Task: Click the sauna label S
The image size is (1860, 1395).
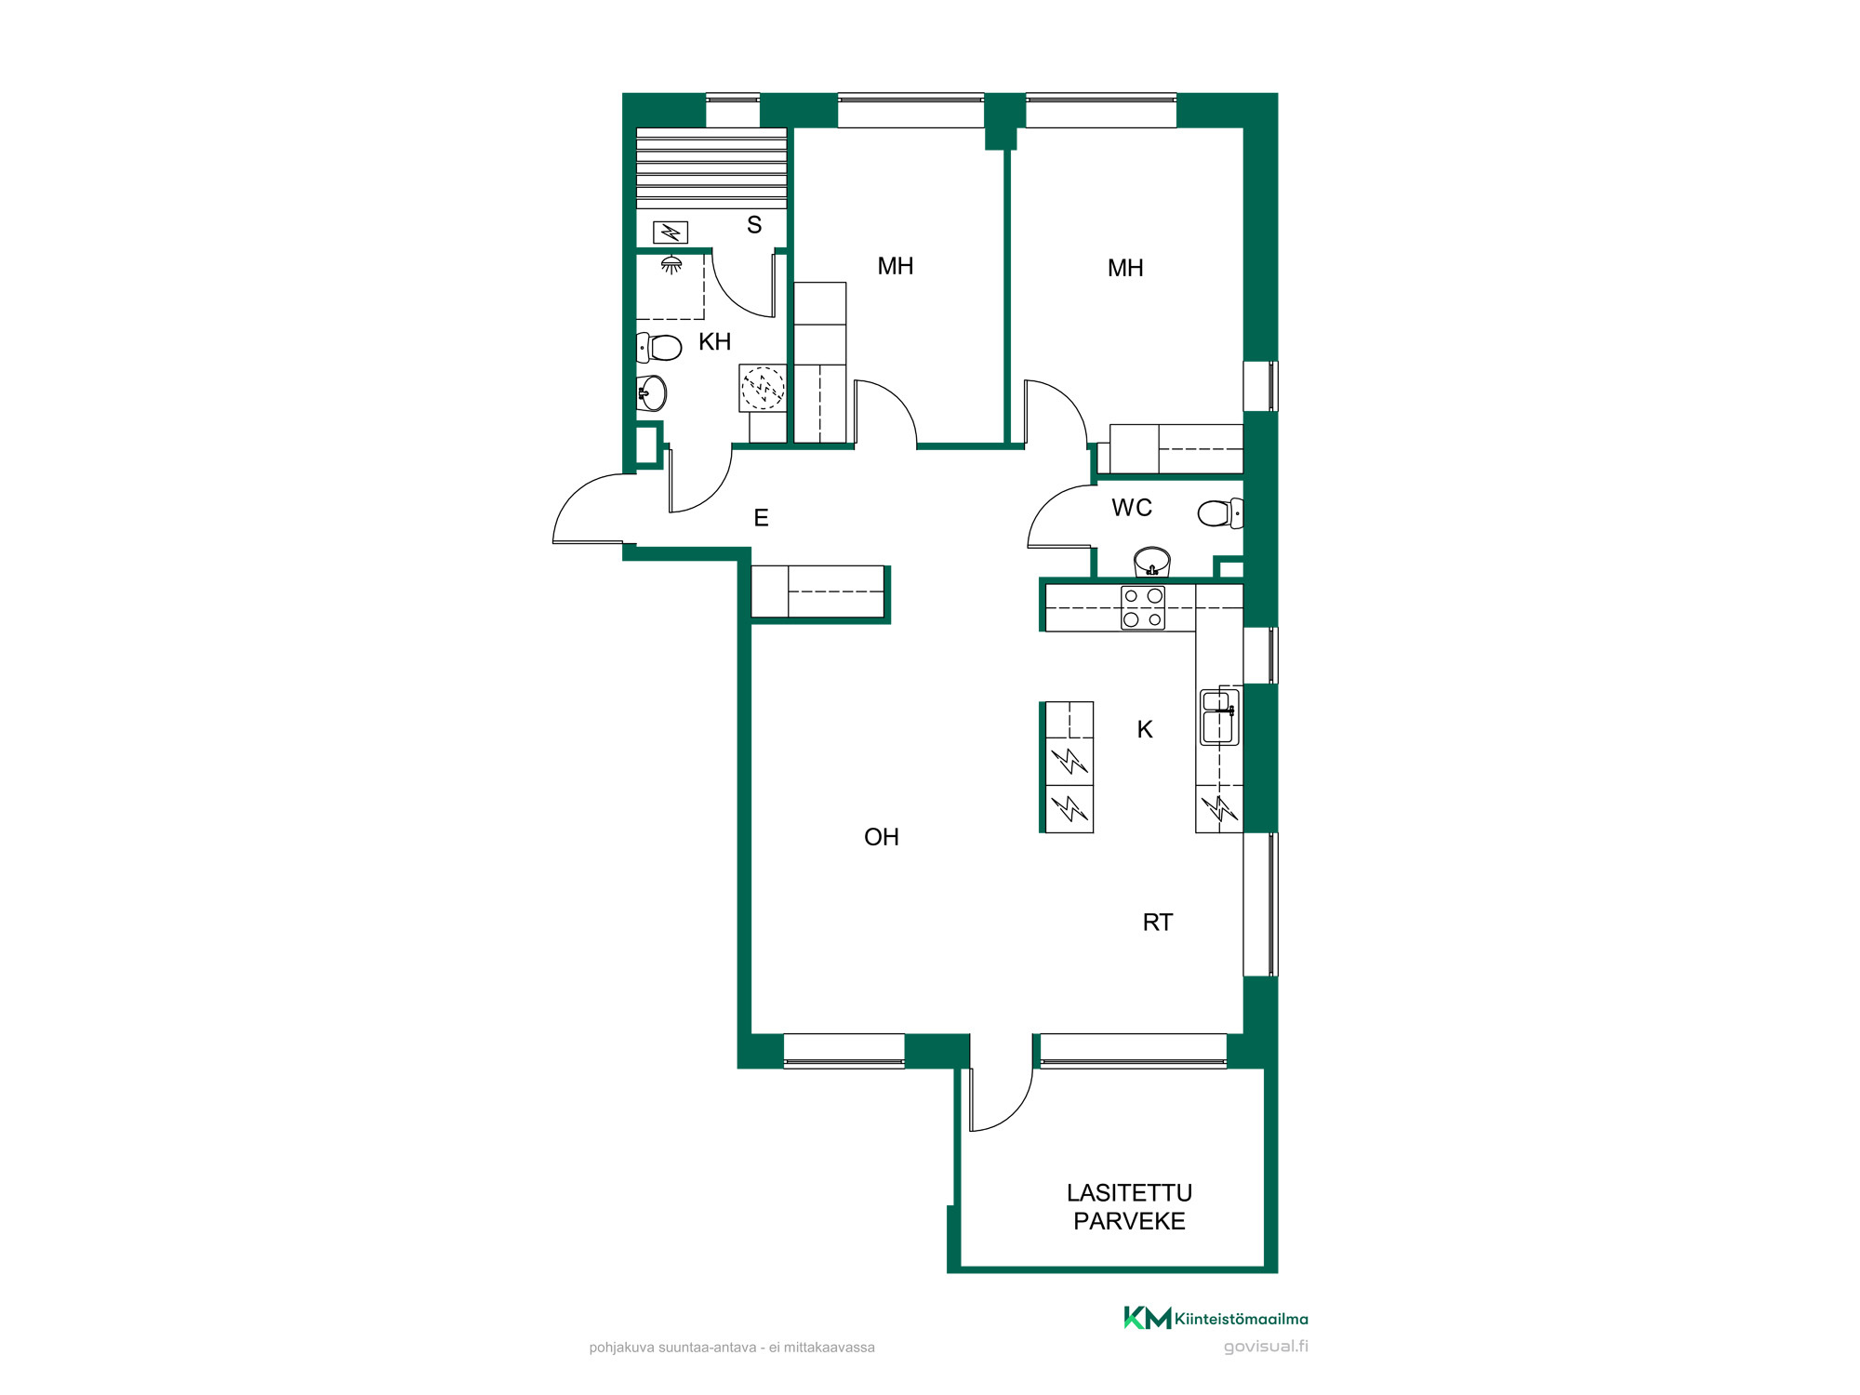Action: tap(754, 225)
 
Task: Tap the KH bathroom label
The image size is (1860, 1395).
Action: tap(714, 342)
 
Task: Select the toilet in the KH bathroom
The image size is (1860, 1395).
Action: tap(659, 347)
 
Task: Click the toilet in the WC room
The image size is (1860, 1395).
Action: tap(1220, 512)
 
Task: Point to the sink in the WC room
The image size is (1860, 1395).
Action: tap(1152, 561)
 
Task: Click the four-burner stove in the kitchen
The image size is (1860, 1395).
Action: tap(1143, 608)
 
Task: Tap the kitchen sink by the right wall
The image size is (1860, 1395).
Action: tap(1218, 717)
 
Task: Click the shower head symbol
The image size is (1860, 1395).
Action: tap(671, 265)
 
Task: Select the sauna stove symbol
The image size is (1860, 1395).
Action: tap(671, 232)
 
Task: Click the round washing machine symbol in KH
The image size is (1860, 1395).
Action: tap(763, 388)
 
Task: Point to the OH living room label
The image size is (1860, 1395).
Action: tap(882, 837)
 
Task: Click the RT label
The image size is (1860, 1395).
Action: tap(1158, 923)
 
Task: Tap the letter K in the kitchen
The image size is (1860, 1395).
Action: tap(1145, 730)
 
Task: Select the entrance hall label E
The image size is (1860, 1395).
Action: tap(761, 518)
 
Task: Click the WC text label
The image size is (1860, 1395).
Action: tap(1132, 508)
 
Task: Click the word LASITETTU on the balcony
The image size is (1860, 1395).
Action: tap(1129, 1193)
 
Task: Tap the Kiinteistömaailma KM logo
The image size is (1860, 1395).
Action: tap(1216, 1318)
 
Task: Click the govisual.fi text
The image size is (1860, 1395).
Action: tap(1266, 1346)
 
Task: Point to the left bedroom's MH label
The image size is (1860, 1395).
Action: tap(896, 267)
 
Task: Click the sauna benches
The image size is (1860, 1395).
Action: tap(711, 168)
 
